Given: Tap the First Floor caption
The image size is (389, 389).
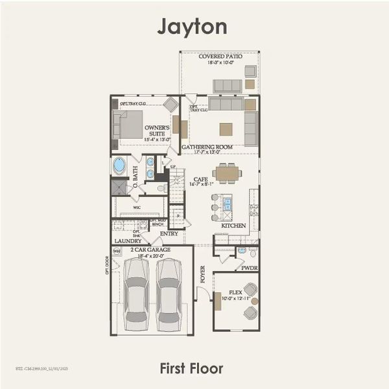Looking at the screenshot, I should (192, 369).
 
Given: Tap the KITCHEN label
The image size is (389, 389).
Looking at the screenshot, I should (234, 225).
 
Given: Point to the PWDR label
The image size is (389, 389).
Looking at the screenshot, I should (250, 266).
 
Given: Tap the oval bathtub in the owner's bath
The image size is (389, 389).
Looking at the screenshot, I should (121, 166).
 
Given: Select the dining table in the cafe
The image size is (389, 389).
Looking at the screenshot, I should (226, 173).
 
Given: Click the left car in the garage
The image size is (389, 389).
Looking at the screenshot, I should (139, 295).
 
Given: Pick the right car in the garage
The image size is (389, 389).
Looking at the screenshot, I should (170, 295).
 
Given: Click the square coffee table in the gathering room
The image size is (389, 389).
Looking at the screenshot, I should (226, 128).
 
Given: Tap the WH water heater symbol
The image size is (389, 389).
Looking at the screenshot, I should (117, 252).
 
